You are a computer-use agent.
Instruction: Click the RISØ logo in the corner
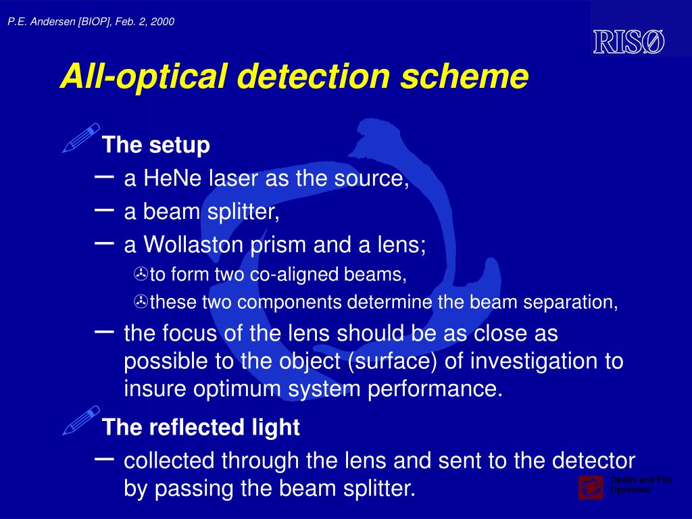pos(628,42)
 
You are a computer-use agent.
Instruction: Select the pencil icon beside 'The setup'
pos(81,138)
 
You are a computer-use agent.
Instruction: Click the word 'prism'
pos(279,245)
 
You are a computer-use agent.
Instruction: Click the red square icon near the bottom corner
pos(591,487)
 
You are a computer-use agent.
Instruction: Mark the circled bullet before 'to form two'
pos(141,274)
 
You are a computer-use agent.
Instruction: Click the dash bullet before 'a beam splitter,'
pos(105,210)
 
